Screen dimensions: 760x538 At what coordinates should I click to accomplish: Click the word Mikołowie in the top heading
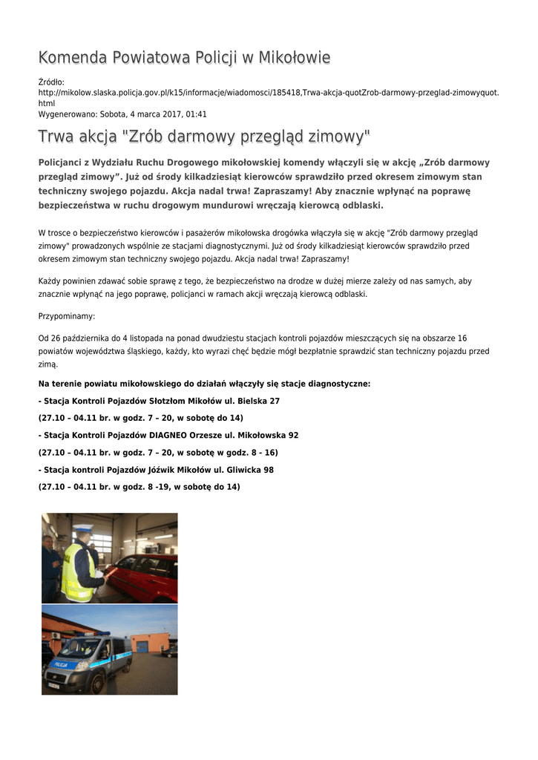point(294,58)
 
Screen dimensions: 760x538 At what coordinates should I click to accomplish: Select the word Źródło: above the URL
point(51,82)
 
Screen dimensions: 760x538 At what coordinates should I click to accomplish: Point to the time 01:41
point(196,115)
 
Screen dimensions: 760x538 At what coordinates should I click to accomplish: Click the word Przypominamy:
point(67,316)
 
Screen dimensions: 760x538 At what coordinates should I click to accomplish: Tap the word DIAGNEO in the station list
point(174,435)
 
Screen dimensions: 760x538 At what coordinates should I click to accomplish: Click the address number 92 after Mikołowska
point(294,435)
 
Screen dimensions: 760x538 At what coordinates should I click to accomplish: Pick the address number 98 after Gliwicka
point(269,470)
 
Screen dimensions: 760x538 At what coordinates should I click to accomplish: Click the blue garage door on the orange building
point(142,646)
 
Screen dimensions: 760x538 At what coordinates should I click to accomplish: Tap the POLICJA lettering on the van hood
point(60,665)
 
